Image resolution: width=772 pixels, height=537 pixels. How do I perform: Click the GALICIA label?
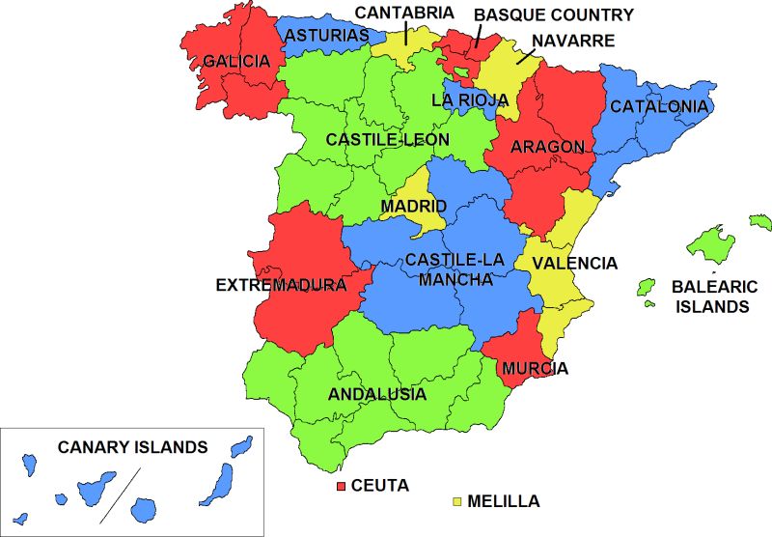pyautogui.click(x=236, y=62)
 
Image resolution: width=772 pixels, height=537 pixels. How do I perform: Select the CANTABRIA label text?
pyautogui.click(x=404, y=13)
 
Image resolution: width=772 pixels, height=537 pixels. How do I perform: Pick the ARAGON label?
pyautogui.click(x=548, y=147)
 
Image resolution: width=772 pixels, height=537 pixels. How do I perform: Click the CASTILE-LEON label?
pyautogui.click(x=387, y=140)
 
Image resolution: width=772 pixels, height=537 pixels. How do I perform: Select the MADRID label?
pyautogui.click(x=413, y=207)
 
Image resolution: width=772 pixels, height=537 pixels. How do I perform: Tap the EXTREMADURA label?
pyautogui.click(x=281, y=286)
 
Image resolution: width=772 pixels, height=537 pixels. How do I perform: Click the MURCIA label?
pyautogui.click(x=535, y=368)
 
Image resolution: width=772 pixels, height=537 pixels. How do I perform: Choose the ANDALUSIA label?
pyautogui.click(x=377, y=394)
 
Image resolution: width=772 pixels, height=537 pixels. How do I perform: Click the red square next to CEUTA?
pyautogui.click(x=341, y=486)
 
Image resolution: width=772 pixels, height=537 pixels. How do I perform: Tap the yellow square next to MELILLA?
pyautogui.click(x=456, y=502)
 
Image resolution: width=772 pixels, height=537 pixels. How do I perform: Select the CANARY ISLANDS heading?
pyautogui.click(x=133, y=447)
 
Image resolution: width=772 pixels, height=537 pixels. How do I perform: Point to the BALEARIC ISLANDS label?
pyautogui.click(x=710, y=297)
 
